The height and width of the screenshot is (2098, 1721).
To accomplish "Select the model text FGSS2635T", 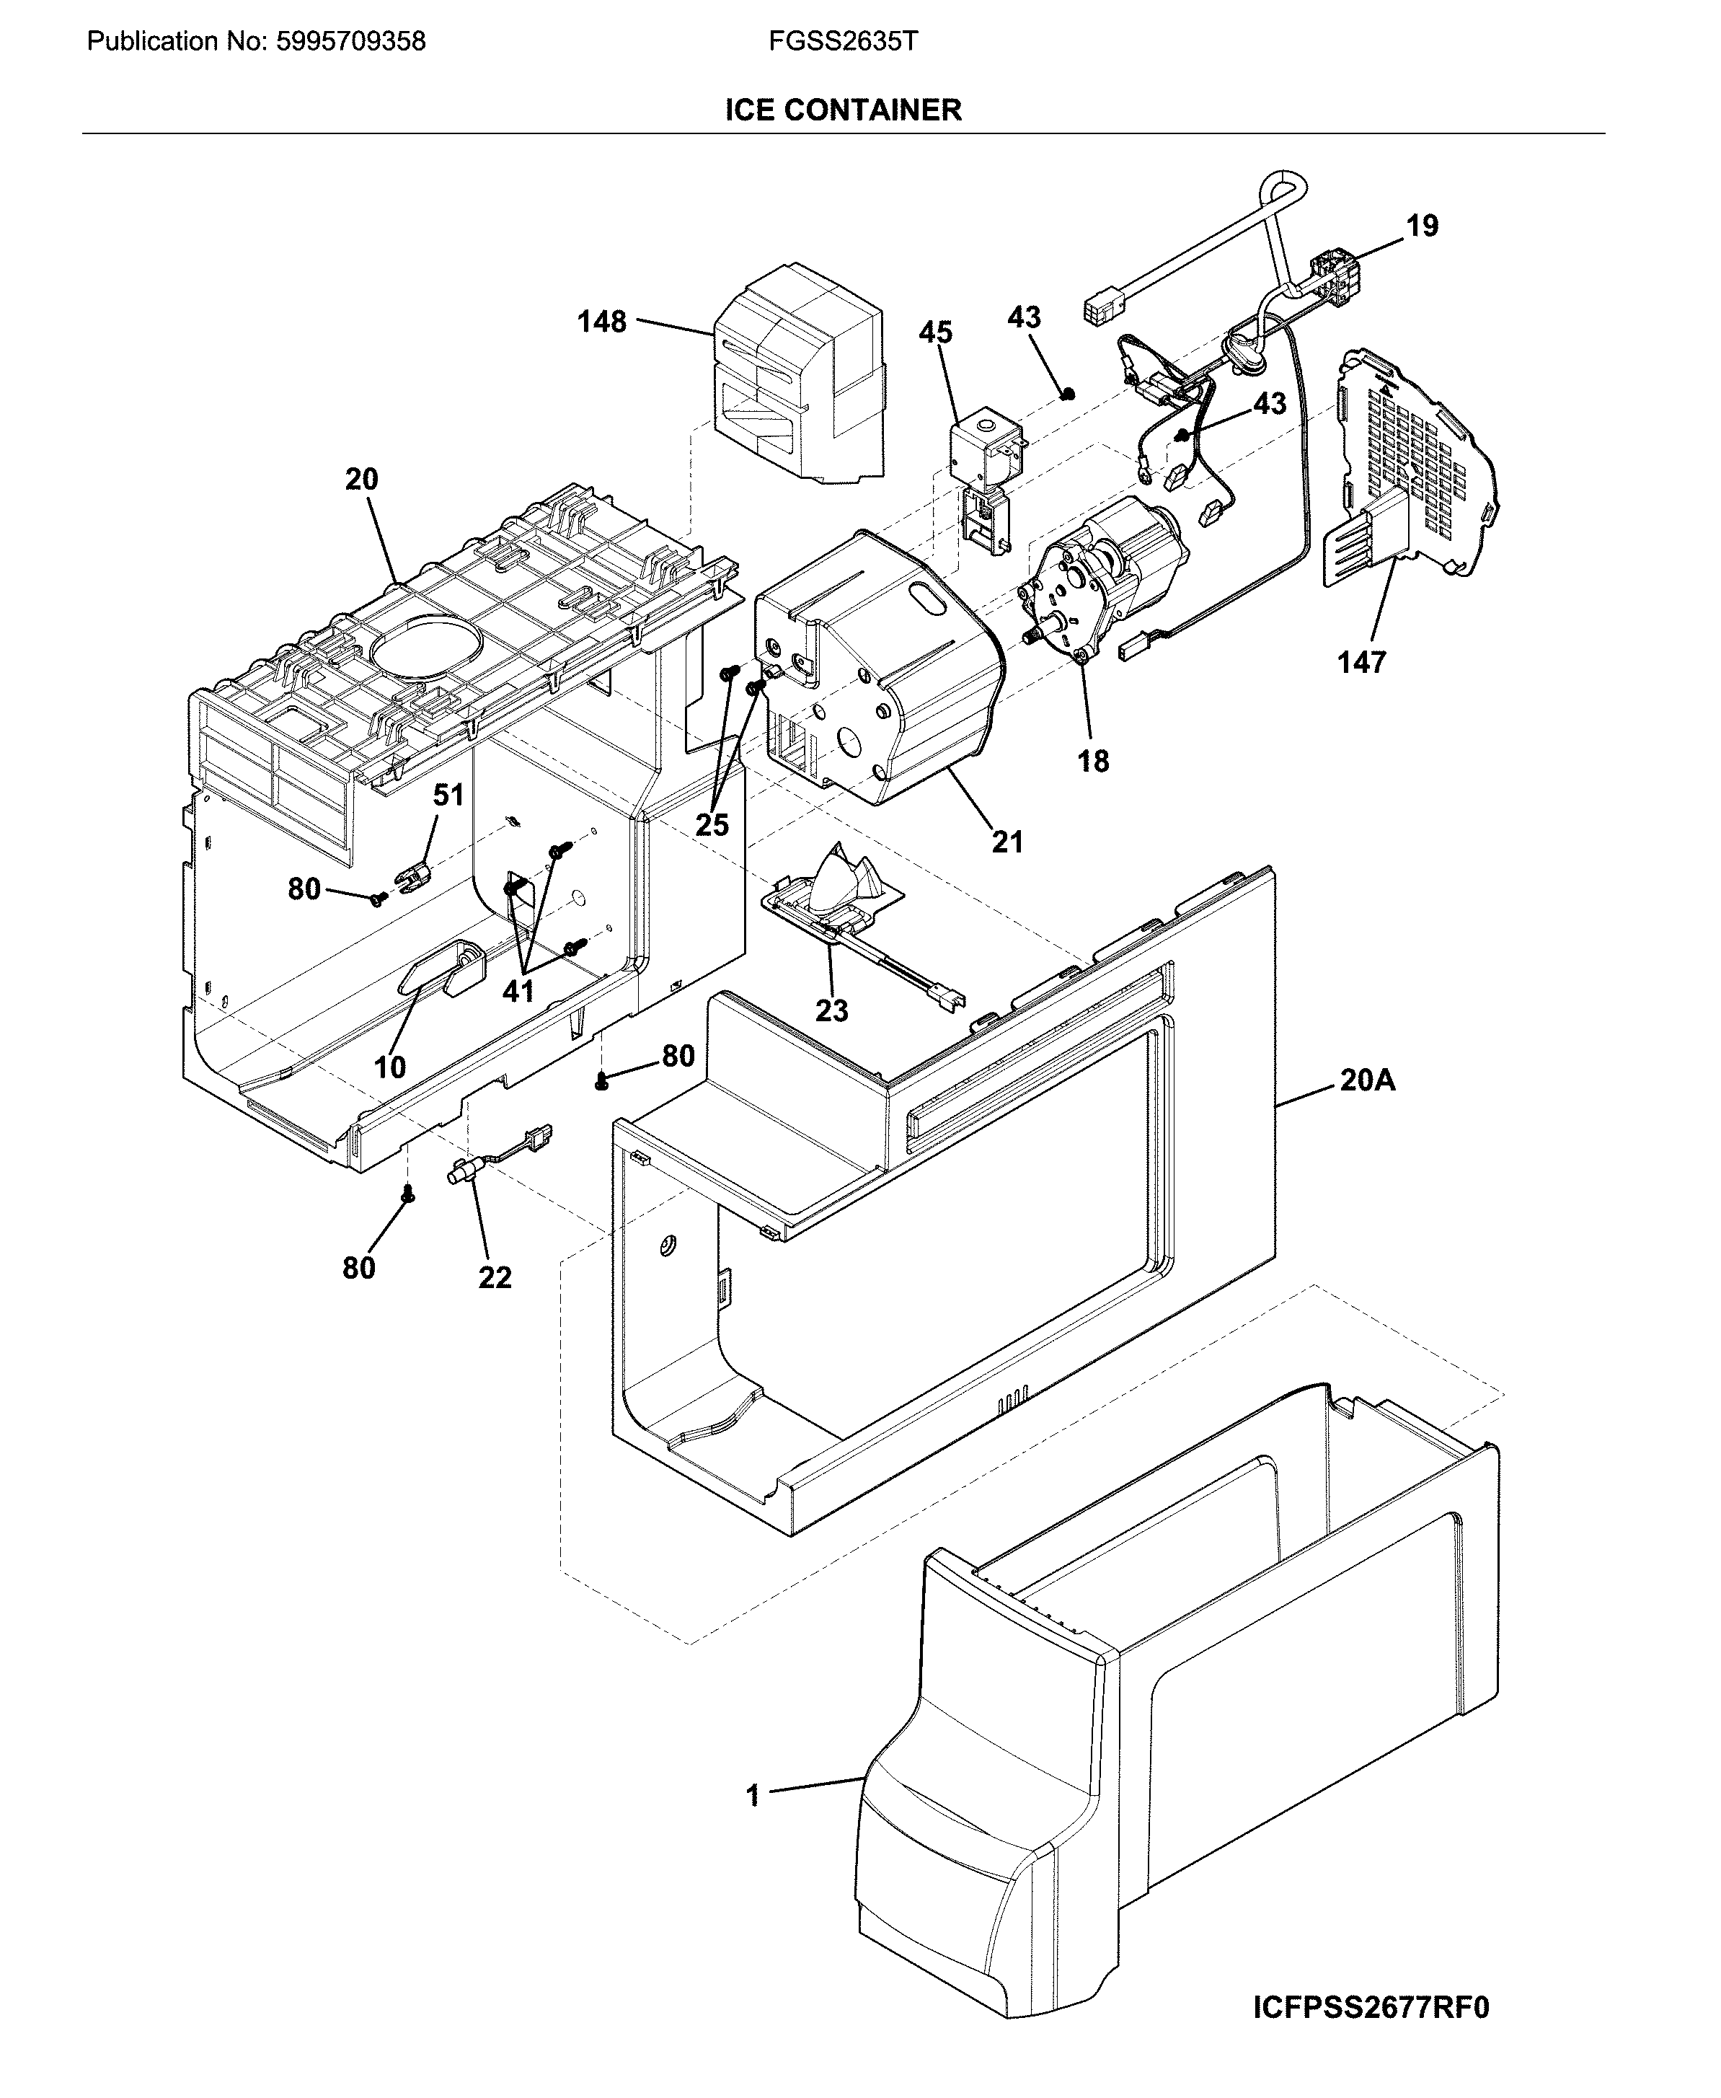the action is pos(843,42).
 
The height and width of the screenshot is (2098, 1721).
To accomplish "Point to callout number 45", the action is pos(935,332).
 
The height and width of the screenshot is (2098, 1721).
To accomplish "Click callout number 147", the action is pos(1361,662).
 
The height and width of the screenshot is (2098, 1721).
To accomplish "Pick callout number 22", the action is pos(495,1277).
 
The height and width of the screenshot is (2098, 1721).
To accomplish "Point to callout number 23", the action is pos(832,1010).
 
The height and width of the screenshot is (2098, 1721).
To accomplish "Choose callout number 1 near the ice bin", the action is pos(753,1796).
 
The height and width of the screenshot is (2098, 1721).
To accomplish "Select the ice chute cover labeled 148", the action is pos(798,367).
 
